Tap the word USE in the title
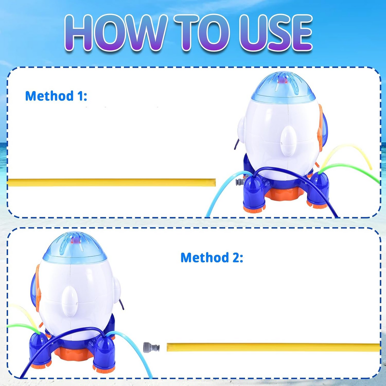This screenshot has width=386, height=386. [276, 32]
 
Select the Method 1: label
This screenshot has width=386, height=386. [56, 96]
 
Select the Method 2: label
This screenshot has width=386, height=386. [212, 257]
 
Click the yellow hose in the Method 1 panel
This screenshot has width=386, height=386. [112, 182]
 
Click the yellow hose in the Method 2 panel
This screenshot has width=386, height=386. [274, 347]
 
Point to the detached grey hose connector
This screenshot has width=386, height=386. [151, 347]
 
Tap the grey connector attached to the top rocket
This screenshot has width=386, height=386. [240, 182]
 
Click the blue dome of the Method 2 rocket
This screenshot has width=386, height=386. [75, 248]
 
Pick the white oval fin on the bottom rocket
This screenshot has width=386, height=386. [70, 301]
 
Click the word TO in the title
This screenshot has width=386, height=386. [202, 32]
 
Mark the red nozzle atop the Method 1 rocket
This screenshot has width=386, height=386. [282, 80]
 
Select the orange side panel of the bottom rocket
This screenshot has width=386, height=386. [38, 288]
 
